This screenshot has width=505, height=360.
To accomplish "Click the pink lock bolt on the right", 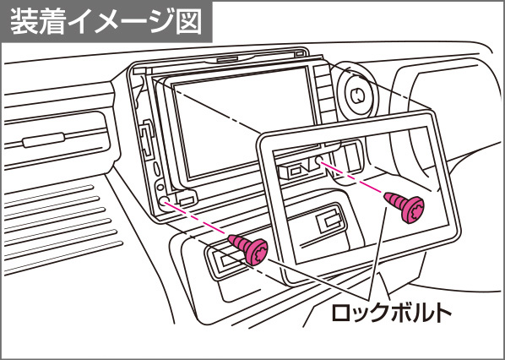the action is click(405, 207).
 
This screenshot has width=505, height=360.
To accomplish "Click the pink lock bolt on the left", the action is click(248, 249).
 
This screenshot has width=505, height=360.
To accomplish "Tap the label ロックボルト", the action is click(391, 311).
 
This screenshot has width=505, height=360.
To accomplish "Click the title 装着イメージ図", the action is click(106, 20).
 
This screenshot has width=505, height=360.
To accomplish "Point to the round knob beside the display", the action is click(357, 95).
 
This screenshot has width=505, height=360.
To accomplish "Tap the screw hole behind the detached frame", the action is click(319, 160).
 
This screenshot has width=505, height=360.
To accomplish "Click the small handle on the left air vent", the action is click(43, 139).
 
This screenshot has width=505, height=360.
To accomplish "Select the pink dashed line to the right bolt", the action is click(353, 179).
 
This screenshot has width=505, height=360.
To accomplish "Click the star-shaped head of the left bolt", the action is click(257, 253).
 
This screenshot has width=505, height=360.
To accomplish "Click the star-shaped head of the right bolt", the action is click(414, 210).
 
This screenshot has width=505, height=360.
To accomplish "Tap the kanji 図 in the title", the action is click(189, 20).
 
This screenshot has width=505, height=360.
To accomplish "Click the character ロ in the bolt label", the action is click(341, 312).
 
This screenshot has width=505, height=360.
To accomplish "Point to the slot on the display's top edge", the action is click(227, 59).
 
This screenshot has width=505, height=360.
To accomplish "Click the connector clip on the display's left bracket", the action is click(147, 139).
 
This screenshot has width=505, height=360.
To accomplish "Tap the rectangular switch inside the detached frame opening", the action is click(329, 222).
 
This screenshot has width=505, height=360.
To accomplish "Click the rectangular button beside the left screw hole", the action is click(187, 200).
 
